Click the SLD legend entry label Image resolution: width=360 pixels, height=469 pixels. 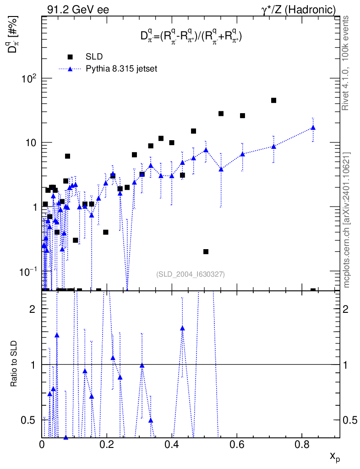pos(94,56)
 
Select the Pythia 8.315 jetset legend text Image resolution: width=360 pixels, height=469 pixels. pos(121,69)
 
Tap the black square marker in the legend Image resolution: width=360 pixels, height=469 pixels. pos(70,56)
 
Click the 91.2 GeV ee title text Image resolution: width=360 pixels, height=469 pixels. pos(78,10)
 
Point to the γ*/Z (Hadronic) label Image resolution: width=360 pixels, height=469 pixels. pos(298,10)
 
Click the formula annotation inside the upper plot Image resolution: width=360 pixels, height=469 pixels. pos(191,37)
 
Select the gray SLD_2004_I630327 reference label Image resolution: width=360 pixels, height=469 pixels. pos(191,274)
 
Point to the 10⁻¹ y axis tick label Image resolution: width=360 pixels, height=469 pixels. pos(28,272)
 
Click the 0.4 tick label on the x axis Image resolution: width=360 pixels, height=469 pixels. pos(172,444)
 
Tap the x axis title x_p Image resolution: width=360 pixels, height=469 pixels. pos(335,457)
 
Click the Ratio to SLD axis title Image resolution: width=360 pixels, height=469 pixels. pos(14,363)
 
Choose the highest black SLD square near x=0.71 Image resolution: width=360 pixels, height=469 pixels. pos(273,100)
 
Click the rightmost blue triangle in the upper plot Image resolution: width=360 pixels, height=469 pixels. pos(313,128)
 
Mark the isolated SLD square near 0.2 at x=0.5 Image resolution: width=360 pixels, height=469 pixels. pos(206,251)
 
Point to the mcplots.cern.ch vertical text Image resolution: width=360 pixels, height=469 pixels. pos(346,220)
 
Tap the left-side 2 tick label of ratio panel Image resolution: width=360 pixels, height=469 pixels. pos(33,309)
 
